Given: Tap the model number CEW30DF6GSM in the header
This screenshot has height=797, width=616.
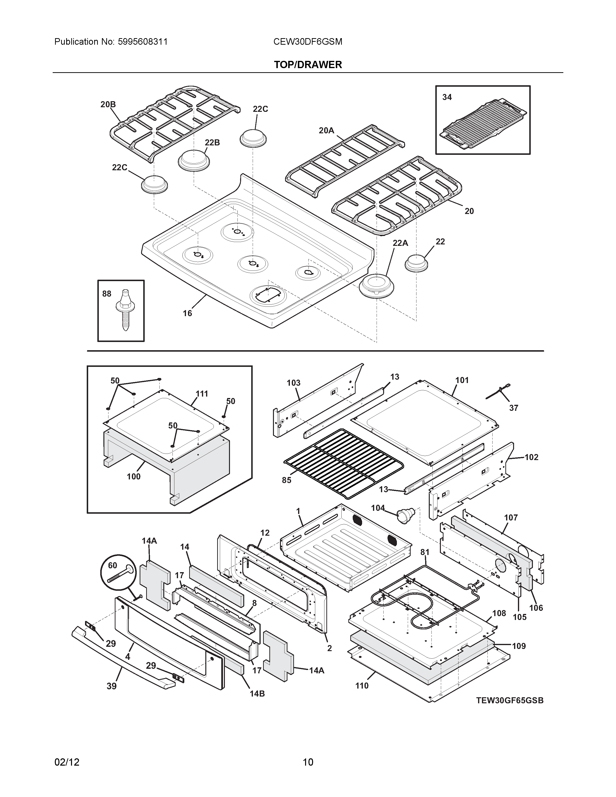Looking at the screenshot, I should [308, 42].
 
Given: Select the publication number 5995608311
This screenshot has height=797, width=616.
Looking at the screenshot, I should [143, 42].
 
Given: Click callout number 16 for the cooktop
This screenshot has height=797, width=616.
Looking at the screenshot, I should [187, 313].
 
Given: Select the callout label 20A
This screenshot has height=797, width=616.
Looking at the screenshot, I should [326, 130].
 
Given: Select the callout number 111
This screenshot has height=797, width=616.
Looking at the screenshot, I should [201, 394].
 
